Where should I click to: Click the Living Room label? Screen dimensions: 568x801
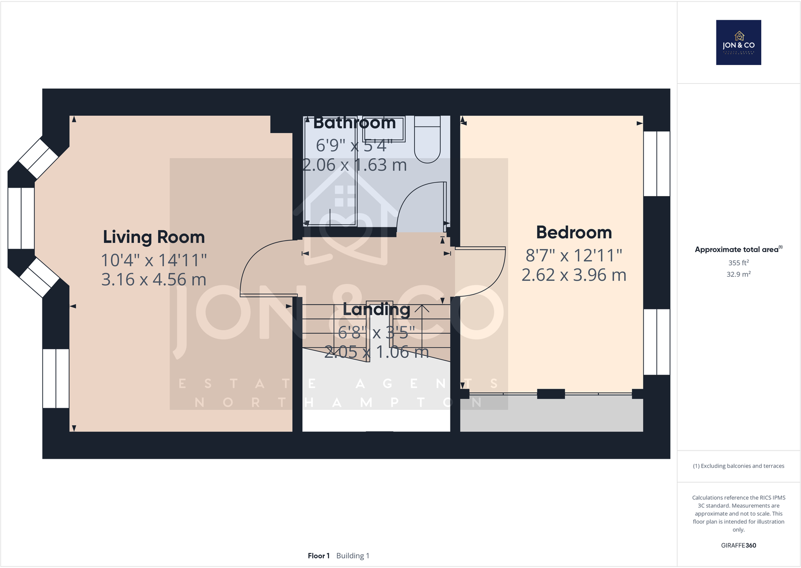click(x=154, y=237)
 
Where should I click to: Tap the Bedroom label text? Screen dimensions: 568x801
click(x=574, y=232)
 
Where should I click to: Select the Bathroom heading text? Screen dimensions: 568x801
click(x=354, y=122)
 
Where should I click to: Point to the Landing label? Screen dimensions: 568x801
click(x=376, y=309)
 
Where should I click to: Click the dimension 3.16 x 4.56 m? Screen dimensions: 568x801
click(x=154, y=279)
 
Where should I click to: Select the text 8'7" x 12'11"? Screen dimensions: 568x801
click(x=574, y=256)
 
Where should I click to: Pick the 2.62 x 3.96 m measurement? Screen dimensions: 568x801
click(x=574, y=275)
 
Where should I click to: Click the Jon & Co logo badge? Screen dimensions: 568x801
click(x=739, y=42)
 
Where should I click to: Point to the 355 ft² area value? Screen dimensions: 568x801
click(x=739, y=263)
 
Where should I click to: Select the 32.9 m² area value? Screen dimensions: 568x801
click(x=739, y=274)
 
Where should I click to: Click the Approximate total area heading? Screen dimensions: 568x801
click(x=739, y=249)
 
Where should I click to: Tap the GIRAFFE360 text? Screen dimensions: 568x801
click(x=739, y=545)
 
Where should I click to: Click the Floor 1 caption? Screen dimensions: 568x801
click(x=318, y=556)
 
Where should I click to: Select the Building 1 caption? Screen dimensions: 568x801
click(x=353, y=556)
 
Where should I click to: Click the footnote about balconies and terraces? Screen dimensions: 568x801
click(x=739, y=466)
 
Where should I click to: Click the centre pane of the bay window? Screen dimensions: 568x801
click(x=21, y=218)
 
